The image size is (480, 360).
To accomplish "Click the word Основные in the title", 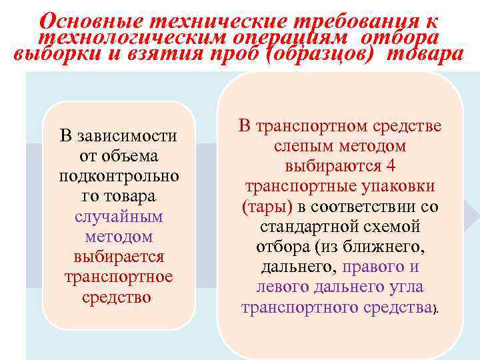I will [x=85, y=17].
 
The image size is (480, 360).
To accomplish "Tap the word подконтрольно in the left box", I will [x=118, y=177].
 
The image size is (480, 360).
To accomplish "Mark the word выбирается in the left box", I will [x=118, y=257].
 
